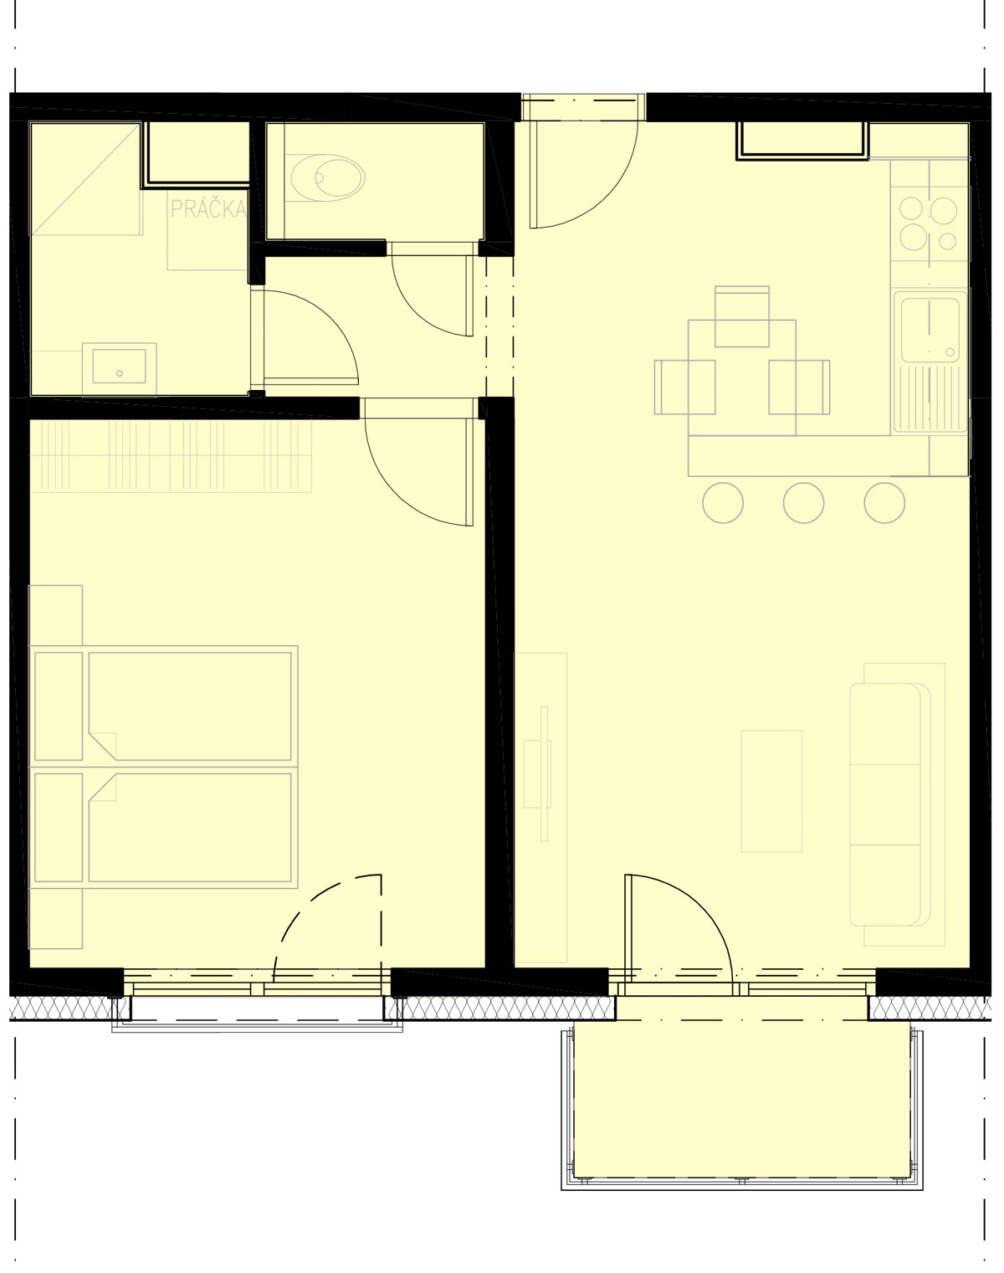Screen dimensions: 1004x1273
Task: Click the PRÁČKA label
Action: (x=208, y=208)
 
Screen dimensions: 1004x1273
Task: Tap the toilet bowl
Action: (x=328, y=177)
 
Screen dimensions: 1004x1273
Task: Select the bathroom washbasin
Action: (x=119, y=367)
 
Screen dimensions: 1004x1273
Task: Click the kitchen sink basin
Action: (x=930, y=331)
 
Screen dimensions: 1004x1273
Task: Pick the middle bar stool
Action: (x=803, y=503)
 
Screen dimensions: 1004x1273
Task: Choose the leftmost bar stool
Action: (x=723, y=503)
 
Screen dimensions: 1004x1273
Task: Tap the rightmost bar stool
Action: (x=884, y=503)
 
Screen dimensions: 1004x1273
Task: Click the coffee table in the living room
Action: (x=771, y=792)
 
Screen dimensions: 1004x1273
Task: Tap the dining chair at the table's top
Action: (x=742, y=316)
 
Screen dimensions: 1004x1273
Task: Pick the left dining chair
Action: (x=684, y=387)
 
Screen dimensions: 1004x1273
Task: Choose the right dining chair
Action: (x=799, y=387)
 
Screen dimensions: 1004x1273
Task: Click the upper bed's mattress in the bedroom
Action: (x=190, y=706)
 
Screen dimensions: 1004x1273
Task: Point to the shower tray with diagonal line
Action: (x=85, y=178)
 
